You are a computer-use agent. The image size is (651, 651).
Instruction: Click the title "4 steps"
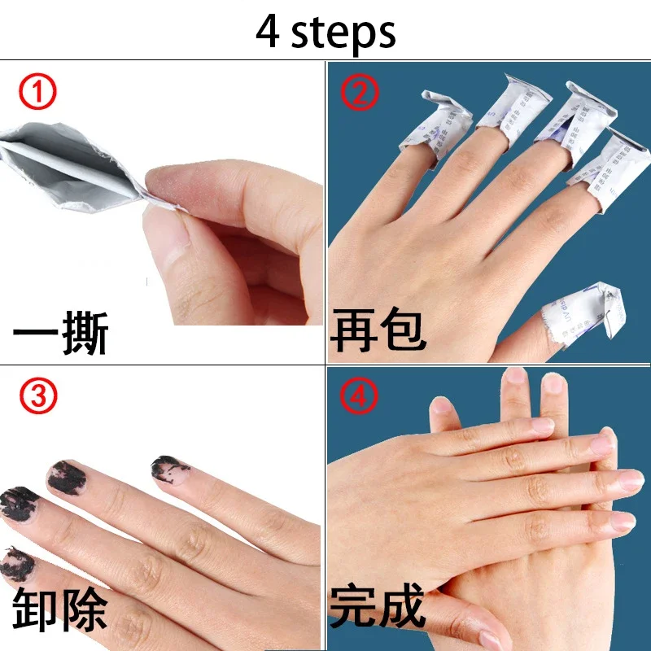click(325, 31)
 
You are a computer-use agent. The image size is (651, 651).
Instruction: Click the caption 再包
click(378, 333)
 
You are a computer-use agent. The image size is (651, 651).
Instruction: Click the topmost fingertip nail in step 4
click(516, 376)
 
